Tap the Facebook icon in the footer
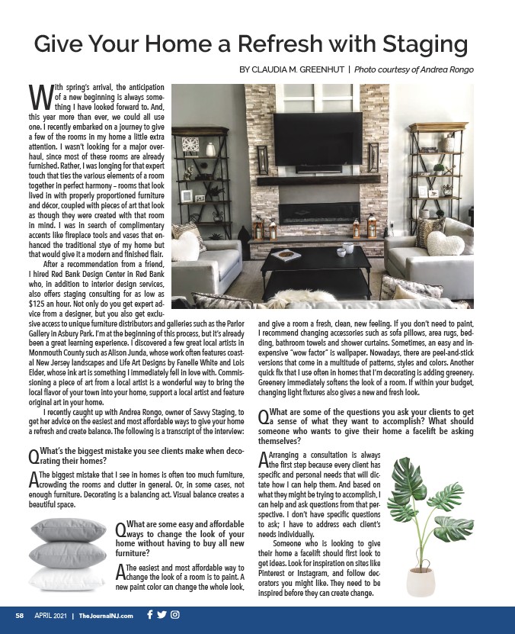(x=149, y=615)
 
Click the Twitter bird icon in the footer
(x=162, y=615)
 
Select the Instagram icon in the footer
(x=174, y=615)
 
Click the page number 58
(x=21, y=616)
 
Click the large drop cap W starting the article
(x=40, y=96)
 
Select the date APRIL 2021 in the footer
(x=50, y=616)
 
